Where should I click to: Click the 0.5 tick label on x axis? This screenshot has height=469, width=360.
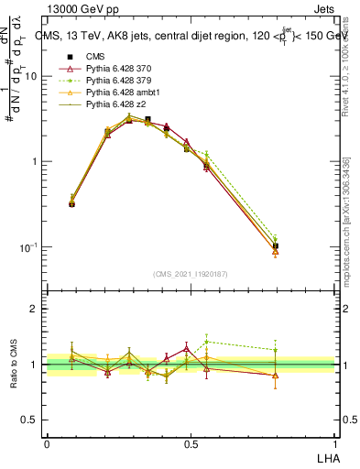(191, 442)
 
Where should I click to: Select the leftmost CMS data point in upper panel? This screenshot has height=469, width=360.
(72, 203)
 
